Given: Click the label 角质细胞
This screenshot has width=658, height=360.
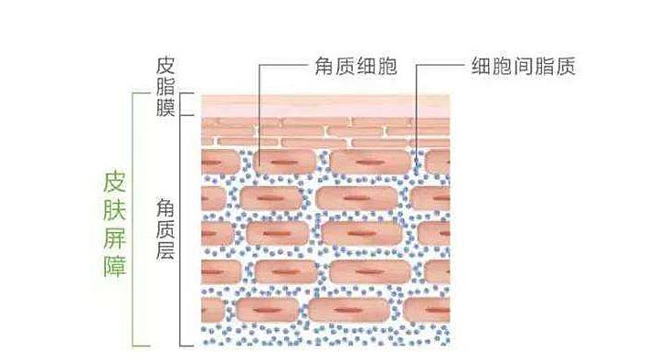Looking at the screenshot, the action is tap(353, 67).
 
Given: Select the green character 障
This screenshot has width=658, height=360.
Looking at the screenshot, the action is tap(116, 267).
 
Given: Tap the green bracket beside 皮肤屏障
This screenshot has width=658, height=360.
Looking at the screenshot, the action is tap(135, 219).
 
